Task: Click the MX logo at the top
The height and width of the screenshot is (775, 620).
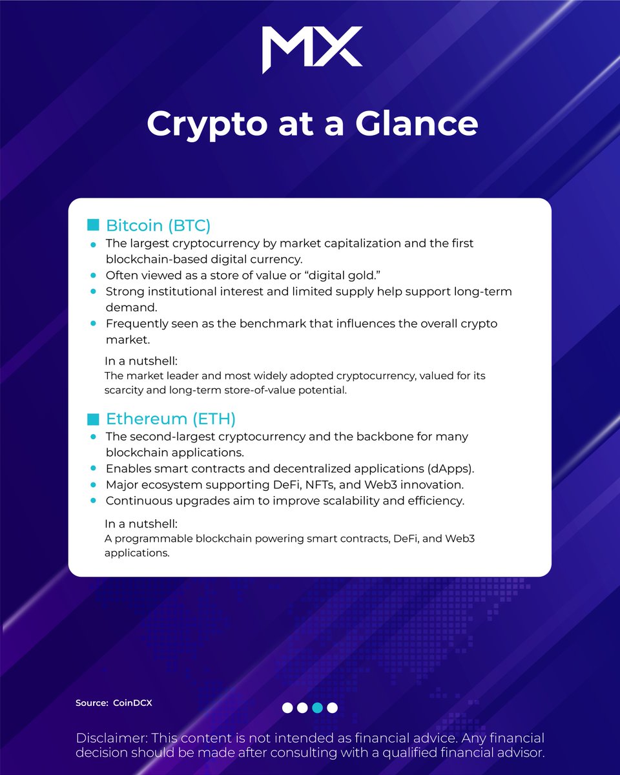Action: pos(312,50)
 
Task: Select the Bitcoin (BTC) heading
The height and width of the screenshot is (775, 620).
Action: pos(158,226)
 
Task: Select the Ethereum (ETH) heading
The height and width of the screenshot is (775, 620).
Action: pos(171,418)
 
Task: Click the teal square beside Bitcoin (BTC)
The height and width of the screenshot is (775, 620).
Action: pos(93,225)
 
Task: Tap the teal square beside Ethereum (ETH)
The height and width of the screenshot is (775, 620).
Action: pos(93,418)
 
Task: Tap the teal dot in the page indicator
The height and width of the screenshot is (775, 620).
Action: pos(317,708)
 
